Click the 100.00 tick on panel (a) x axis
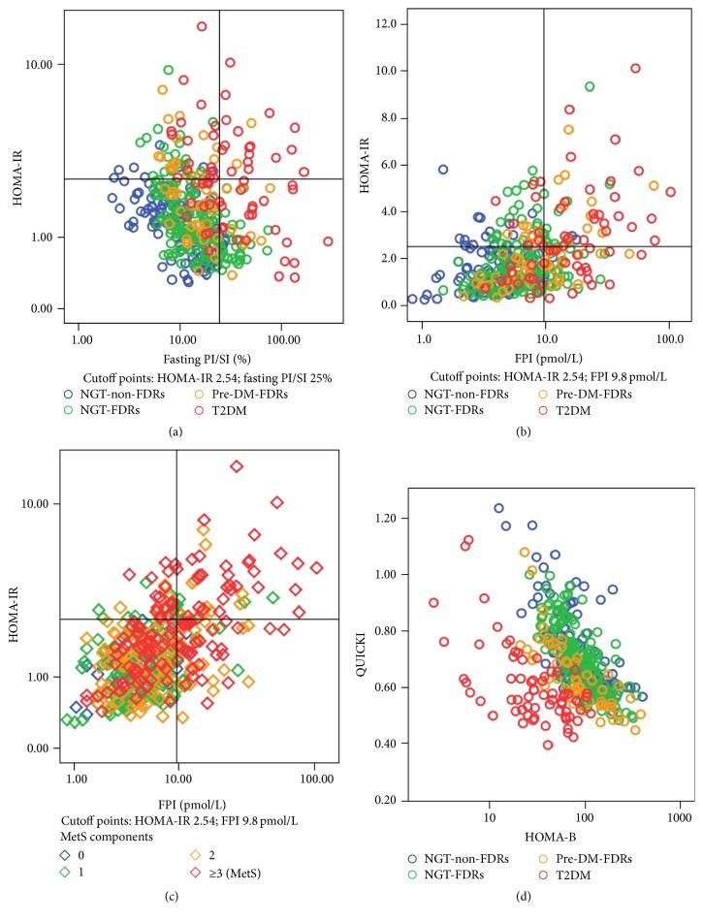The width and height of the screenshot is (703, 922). point(282,342)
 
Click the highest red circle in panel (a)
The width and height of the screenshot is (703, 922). point(202,26)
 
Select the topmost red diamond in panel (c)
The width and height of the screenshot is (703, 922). point(236,466)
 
